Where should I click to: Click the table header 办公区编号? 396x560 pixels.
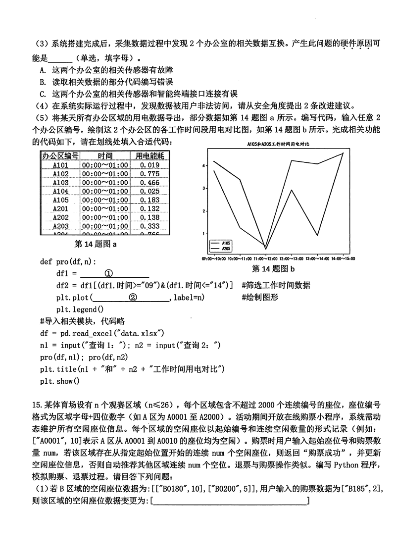(60, 155)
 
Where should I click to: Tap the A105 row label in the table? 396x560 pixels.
(60, 200)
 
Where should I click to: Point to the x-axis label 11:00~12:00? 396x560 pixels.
(266, 258)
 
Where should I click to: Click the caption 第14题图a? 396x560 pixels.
(96, 244)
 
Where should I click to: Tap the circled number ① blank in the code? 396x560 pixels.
(109, 273)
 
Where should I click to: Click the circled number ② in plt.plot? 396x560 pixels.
(132, 297)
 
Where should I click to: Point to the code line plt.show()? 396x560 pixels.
(59, 381)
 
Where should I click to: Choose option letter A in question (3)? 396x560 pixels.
(43, 70)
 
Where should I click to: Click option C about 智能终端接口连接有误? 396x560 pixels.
(139, 94)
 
